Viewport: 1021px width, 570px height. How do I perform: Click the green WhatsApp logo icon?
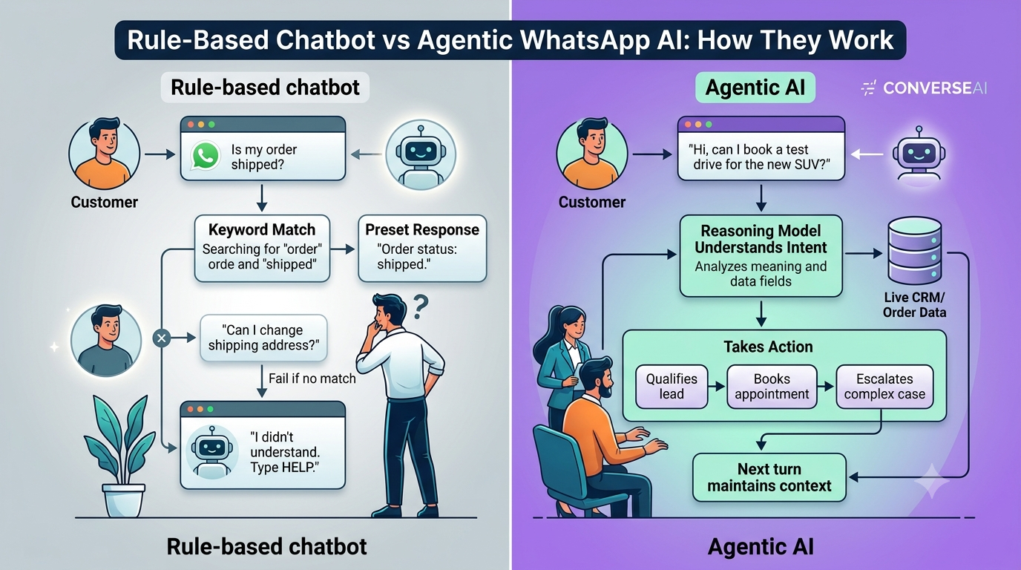click(205, 156)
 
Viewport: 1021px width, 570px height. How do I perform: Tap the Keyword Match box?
click(262, 249)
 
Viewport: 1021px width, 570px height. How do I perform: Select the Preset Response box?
click(422, 249)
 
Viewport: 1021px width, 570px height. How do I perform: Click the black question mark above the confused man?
click(421, 307)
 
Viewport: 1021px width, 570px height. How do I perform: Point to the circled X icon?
click(161, 338)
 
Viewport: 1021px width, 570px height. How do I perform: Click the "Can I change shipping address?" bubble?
click(263, 338)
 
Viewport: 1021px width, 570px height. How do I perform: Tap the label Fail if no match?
click(312, 379)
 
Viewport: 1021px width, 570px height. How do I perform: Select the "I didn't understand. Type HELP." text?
click(285, 452)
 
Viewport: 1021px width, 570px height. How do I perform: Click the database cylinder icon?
click(914, 250)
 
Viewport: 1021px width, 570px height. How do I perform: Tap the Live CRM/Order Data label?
click(914, 305)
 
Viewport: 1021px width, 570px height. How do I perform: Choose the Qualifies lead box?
click(672, 386)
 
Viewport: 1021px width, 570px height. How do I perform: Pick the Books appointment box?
click(772, 386)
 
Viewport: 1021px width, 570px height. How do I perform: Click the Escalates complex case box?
click(884, 386)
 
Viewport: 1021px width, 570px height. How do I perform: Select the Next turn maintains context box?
click(769, 477)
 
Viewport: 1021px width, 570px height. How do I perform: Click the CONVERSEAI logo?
click(924, 88)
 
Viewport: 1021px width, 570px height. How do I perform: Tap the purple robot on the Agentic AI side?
click(919, 154)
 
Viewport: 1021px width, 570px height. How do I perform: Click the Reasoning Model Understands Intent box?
click(761, 256)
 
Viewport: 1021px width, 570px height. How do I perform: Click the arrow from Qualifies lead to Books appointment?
click(717, 387)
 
